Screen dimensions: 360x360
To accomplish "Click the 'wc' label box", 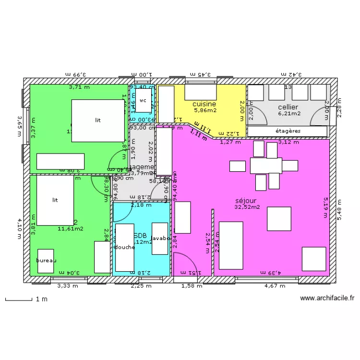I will point(143,101).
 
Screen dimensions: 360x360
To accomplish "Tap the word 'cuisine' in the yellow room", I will point(204,104).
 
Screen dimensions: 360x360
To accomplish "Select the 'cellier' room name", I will point(288,107).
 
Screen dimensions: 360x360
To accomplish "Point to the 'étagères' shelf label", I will point(288,131).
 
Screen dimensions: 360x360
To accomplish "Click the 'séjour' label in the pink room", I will point(246,201).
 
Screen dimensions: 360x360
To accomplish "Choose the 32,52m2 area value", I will point(247,207).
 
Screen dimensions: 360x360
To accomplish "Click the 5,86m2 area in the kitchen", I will point(205,110).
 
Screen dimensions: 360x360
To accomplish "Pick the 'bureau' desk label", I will point(46,261).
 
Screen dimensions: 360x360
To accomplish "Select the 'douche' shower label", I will point(124,247).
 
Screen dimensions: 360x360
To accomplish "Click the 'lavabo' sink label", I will point(160,238).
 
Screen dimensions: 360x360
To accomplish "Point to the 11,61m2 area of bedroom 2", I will point(70,229).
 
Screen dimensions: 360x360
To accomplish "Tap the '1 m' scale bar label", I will point(42,300).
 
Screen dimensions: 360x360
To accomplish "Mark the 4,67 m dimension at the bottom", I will point(275,286).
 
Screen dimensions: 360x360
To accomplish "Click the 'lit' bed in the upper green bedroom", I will point(98,120).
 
